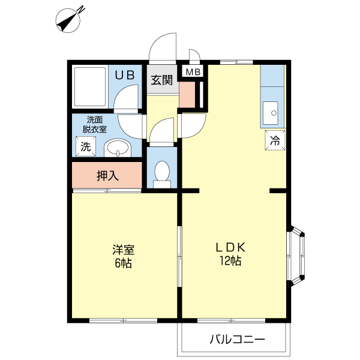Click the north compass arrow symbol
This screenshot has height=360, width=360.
coord(71,19)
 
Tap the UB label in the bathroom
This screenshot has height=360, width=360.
coord(125,76)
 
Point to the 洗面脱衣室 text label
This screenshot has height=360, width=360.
coord(95,124)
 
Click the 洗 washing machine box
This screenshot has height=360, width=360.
coord(85,146)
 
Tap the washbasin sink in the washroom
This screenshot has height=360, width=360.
coord(117,149)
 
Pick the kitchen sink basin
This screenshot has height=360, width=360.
coord(271,112)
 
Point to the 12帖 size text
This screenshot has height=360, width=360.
coord(232,262)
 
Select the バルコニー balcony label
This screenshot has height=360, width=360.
coord(237,340)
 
